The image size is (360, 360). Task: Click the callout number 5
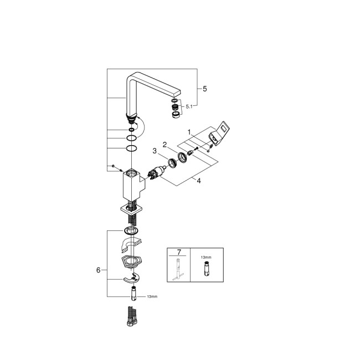point(205,88)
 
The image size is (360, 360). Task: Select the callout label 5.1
point(189,106)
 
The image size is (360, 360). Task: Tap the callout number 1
point(189,132)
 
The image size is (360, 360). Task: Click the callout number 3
point(155,151)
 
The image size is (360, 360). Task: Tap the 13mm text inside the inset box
point(205,258)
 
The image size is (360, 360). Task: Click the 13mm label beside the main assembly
point(152,297)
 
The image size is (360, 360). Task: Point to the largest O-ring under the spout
point(131,148)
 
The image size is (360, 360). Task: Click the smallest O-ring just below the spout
point(131,130)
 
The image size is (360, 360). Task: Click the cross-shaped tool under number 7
point(178,270)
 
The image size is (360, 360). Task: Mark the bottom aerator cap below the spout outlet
point(175,114)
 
